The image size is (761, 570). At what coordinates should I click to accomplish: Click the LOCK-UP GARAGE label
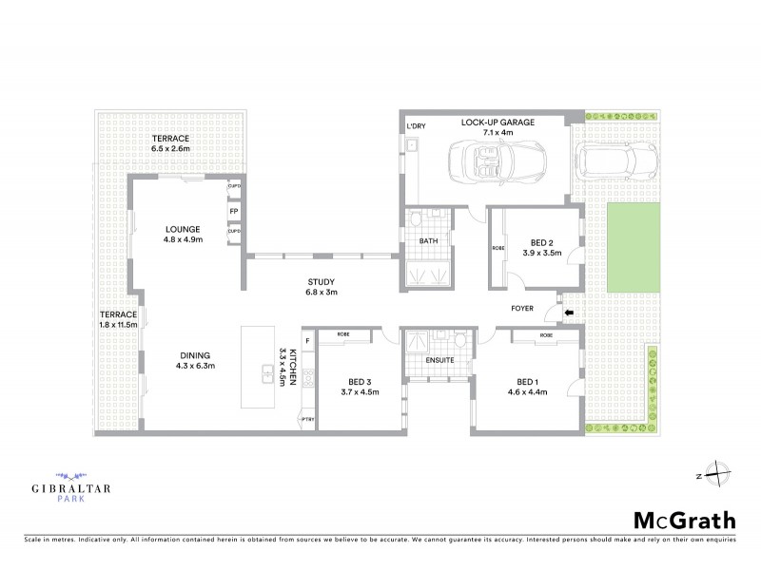[x=498, y=123]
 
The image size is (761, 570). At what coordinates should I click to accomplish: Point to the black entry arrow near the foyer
[x=569, y=313]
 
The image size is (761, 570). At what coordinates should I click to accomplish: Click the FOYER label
[x=521, y=309]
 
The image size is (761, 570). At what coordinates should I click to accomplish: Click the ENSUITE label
[x=438, y=360]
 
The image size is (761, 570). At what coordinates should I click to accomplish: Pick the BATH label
[x=429, y=241]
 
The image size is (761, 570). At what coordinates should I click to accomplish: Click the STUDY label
[x=321, y=281]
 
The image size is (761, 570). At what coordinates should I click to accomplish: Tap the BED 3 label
[x=359, y=380]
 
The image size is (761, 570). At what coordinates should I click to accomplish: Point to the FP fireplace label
[x=233, y=210]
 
